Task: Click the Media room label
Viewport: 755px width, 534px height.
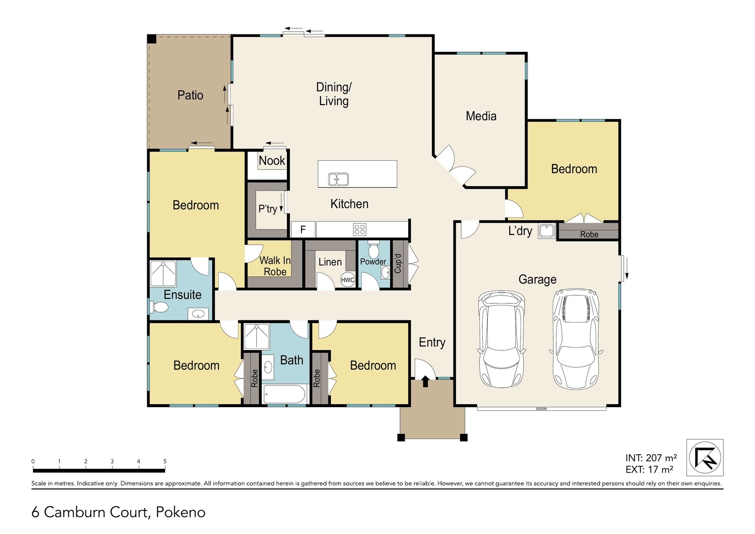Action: click(481, 116)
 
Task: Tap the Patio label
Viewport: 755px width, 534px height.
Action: click(190, 95)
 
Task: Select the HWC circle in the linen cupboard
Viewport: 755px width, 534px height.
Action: click(347, 280)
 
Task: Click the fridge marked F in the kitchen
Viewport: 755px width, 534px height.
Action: click(303, 229)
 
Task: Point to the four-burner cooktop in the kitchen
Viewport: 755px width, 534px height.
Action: click(360, 229)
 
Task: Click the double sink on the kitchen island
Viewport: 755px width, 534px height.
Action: click(338, 179)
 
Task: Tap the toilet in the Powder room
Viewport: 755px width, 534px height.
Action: click(373, 249)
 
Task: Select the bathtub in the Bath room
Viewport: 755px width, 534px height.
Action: click(284, 394)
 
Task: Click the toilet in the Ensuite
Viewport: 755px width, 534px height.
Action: click(159, 307)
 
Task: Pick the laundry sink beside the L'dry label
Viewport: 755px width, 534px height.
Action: click(546, 231)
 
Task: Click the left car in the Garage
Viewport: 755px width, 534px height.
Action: click(501, 339)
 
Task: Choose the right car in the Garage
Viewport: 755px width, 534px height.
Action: click(576, 339)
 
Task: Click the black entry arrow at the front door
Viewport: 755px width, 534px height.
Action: click(425, 381)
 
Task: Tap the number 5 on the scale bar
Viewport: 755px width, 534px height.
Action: click(165, 461)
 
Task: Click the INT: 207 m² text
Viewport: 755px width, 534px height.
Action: click(651, 458)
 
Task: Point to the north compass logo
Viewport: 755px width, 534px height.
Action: click(705, 458)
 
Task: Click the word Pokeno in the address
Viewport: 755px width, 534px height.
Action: click(181, 512)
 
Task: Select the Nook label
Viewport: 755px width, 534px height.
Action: click(272, 161)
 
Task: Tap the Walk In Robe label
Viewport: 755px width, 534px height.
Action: click(275, 266)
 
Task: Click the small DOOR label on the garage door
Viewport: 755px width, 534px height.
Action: click(541, 409)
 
